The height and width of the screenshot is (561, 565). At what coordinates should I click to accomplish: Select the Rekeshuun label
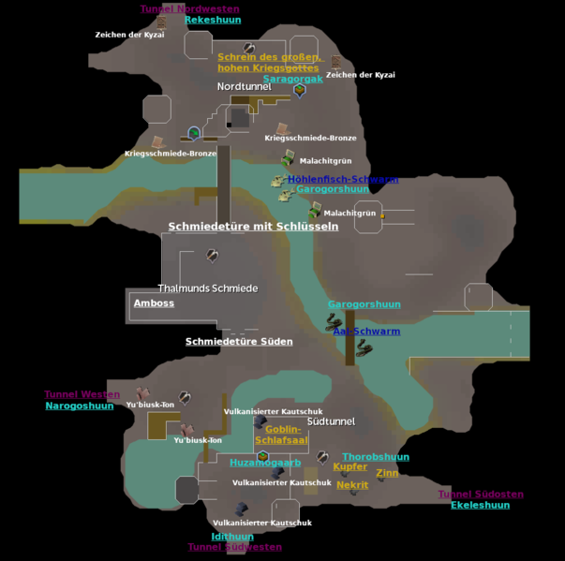[212, 20]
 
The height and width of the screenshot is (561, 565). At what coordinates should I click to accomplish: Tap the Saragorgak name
[292, 79]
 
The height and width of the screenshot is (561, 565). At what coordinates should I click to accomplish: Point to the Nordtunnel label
[245, 86]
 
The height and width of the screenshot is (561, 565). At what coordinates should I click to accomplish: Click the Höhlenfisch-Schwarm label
[343, 179]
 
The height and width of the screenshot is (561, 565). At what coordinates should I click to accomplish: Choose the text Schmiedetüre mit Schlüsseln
[253, 227]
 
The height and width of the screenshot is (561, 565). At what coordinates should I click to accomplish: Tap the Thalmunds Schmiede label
[207, 288]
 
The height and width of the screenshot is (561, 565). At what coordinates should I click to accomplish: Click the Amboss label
[154, 303]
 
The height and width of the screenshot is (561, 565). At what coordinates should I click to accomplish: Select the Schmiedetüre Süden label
[239, 342]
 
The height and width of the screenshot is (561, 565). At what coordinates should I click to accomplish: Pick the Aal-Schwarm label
[366, 332]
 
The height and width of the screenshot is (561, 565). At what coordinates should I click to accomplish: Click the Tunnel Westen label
[82, 394]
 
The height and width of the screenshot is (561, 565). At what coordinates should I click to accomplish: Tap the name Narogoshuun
[80, 406]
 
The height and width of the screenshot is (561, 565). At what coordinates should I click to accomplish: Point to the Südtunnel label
[331, 421]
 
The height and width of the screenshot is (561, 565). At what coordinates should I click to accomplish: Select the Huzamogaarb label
[265, 463]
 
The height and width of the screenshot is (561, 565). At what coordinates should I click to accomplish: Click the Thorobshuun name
[376, 457]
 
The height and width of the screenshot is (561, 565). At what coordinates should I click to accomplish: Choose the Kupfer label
[350, 466]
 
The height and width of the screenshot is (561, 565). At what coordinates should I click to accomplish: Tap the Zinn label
[387, 474]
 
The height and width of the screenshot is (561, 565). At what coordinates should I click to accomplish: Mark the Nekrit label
[352, 485]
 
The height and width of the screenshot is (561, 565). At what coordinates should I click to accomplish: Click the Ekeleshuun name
[480, 505]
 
